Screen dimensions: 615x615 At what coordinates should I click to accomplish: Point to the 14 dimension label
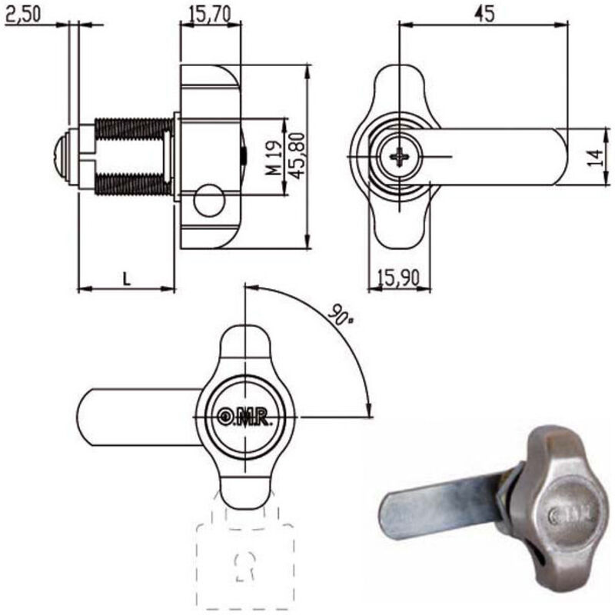click(593, 157)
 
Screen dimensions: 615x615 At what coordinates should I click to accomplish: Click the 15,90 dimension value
click(398, 278)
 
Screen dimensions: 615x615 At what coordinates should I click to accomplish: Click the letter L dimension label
click(127, 278)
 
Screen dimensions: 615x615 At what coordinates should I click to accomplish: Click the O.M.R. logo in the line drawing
click(247, 415)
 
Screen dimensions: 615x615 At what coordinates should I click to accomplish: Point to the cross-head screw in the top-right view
click(401, 158)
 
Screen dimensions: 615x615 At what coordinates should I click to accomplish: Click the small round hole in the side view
click(209, 202)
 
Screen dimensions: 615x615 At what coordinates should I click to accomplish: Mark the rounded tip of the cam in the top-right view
click(559, 157)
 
